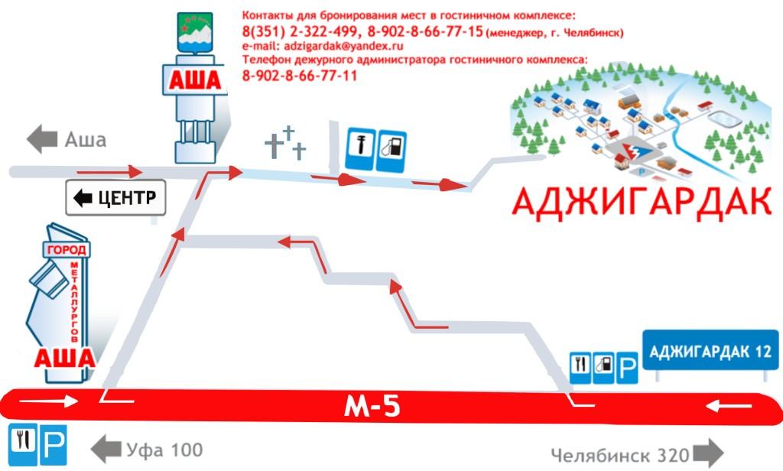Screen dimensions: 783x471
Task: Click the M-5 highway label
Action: pos(372,407)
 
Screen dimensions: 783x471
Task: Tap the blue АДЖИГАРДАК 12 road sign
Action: pos(710,350)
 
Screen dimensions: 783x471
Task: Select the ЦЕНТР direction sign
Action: pos(116,198)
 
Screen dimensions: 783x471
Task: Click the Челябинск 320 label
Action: pos(619,455)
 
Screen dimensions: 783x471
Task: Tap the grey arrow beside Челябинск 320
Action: pos(707,453)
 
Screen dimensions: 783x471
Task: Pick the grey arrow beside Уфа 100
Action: pos(106,449)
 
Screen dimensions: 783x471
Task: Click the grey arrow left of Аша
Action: pos(42,139)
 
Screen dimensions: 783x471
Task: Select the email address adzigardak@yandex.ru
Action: pos(343,46)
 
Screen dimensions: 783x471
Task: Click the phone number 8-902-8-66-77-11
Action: pos(300,76)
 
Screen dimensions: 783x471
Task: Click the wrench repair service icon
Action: pos(360,149)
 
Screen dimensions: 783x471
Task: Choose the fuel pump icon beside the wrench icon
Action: pos(391,151)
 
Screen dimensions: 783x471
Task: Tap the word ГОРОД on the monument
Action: pos(67,250)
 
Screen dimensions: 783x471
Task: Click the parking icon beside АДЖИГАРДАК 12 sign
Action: pos(627,368)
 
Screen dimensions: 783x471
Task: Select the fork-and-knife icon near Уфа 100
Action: pos(23,444)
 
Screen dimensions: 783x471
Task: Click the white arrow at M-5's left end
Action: pos(49,401)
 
